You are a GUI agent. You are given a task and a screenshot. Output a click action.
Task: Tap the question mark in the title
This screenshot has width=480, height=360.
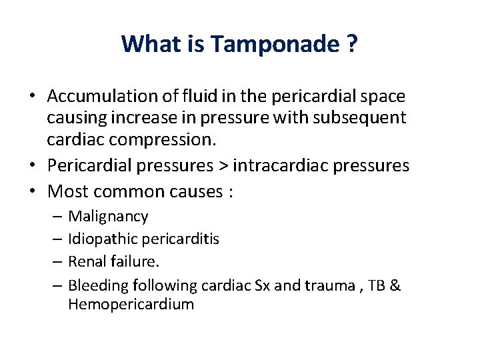coord(351,44)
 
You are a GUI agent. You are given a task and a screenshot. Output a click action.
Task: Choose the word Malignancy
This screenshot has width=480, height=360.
coord(108,217)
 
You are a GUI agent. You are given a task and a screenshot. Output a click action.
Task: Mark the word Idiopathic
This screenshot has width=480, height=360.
coord(102,239)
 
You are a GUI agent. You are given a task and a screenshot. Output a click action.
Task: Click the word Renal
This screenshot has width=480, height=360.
coord(88,261)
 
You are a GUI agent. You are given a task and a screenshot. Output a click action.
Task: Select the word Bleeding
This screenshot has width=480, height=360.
coord(98,285)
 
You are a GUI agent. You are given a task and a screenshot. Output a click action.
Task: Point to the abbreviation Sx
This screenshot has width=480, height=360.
coord(261,285)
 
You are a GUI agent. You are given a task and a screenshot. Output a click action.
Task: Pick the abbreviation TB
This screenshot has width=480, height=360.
coord(375,285)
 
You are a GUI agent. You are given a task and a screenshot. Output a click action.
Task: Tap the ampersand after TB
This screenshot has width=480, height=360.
coord(395,285)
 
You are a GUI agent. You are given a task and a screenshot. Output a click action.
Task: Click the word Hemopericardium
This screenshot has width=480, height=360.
coord(131,305)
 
